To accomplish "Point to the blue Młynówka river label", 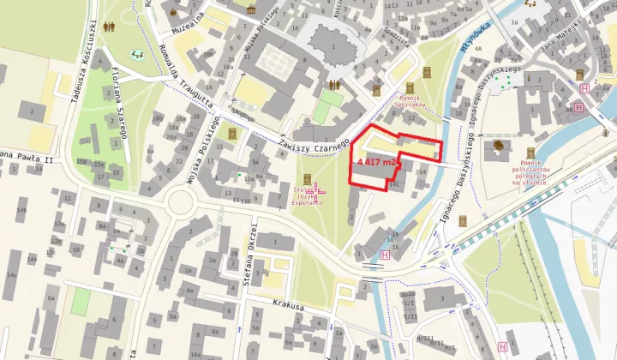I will (x=474, y=37).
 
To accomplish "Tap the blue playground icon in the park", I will (x=136, y=55).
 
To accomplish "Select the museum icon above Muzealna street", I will (x=252, y=9).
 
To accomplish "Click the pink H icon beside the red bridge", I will (x=384, y=255).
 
